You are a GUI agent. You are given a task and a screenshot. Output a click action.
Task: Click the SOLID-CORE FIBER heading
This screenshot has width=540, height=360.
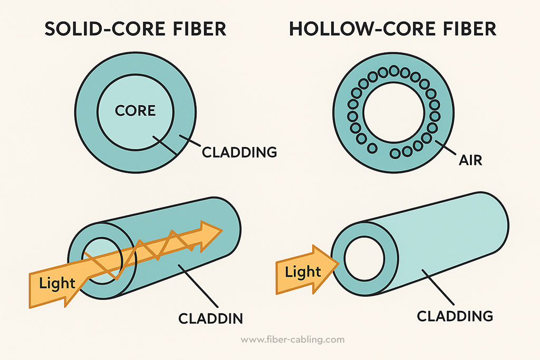[135, 29]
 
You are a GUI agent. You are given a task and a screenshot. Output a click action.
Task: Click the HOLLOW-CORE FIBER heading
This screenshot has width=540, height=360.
[393, 29]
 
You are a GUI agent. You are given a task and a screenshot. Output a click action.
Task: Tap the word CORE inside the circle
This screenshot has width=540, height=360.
[135, 111]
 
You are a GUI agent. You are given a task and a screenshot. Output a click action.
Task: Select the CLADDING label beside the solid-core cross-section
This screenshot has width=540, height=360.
[240, 152]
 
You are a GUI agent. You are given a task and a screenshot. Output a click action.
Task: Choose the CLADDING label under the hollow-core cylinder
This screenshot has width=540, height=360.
[455, 316]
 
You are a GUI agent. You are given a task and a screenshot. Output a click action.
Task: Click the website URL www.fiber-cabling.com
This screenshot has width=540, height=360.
[292, 339]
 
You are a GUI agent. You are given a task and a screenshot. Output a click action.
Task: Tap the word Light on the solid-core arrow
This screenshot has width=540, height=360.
[57, 283]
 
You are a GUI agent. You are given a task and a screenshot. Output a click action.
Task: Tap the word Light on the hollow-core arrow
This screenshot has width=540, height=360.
[303, 272]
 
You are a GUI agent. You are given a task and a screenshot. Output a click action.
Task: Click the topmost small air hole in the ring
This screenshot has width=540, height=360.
[393, 70]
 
